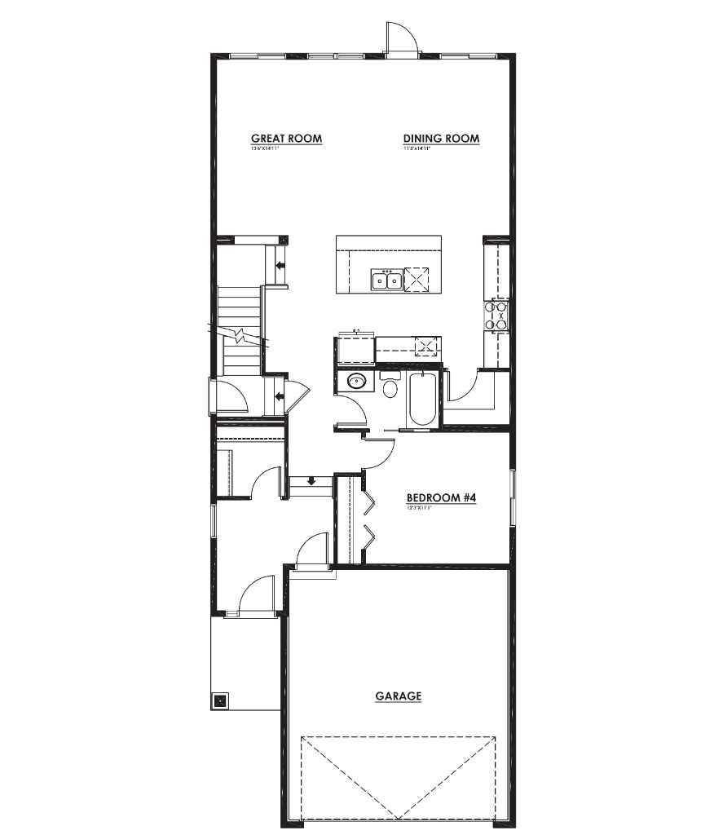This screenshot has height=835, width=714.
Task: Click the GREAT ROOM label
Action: pyautogui.click(x=286, y=139)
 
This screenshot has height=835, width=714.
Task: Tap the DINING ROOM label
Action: pyautogui.click(x=441, y=139)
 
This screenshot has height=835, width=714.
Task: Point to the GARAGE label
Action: pyautogui.click(x=399, y=696)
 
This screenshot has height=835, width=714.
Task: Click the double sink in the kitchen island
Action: pyautogui.click(x=386, y=281)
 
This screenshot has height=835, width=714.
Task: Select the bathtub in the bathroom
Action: pyautogui.click(x=421, y=400)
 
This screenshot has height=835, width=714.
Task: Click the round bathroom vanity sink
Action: pyautogui.click(x=355, y=381)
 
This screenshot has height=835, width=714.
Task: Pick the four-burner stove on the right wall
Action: pyautogui.click(x=496, y=315)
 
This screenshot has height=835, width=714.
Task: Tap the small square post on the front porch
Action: pyautogui.click(x=220, y=700)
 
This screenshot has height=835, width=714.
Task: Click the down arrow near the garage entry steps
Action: pyautogui.click(x=311, y=482)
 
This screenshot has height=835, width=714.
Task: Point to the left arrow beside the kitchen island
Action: pyautogui.click(x=280, y=265)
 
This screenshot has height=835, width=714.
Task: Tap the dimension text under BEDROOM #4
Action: pyautogui.click(x=418, y=507)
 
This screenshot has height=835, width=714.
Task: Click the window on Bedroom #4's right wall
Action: pyautogui.click(x=513, y=497)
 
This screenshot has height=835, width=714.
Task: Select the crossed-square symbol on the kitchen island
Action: pyautogui.click(x=417, y=279)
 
